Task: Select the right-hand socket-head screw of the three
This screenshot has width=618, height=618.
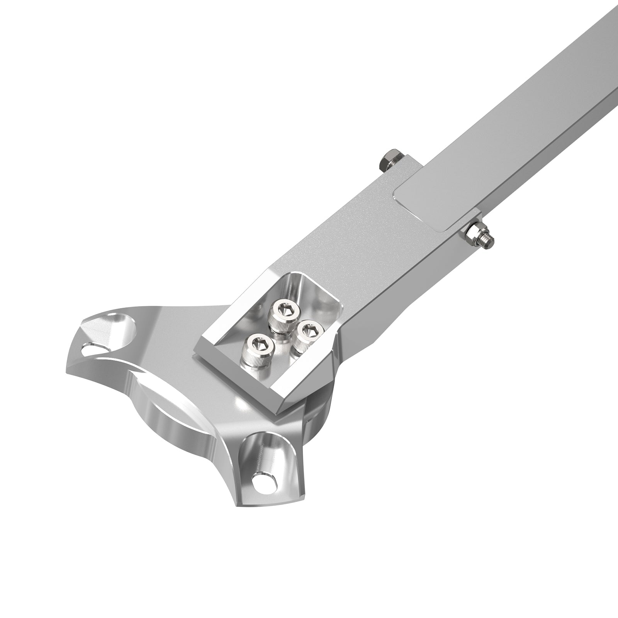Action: pyautogui.click(x=307, y=332)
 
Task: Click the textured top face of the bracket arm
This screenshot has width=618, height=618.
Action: pyautogui.click(x=348, y=239)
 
